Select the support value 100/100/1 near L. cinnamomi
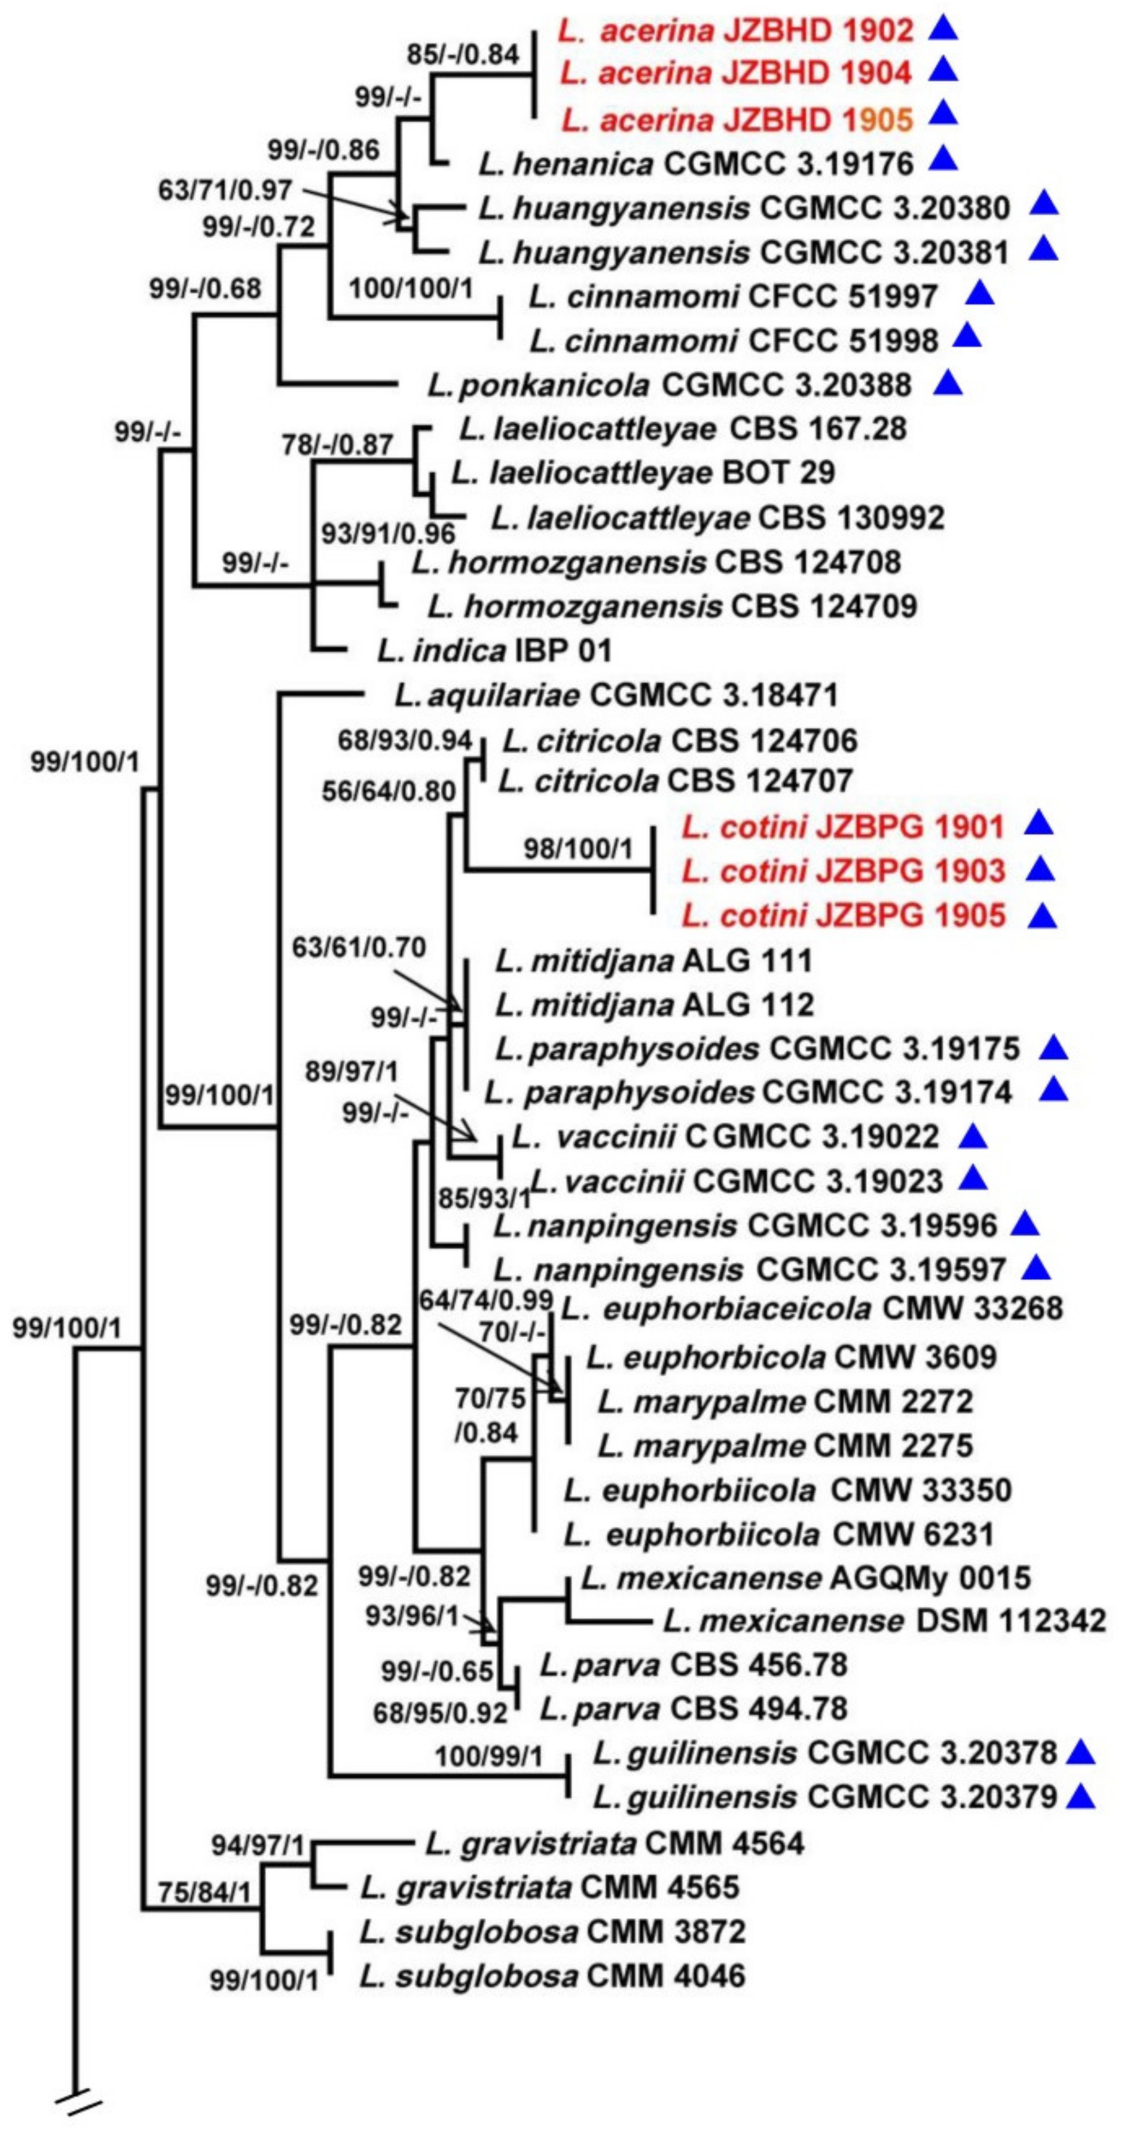point(411,288)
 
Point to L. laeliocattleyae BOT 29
point(643,473)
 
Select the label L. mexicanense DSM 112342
point(884,1620)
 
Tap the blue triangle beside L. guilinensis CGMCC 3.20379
point(1080,1797)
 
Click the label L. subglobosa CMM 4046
point(552,1974)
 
